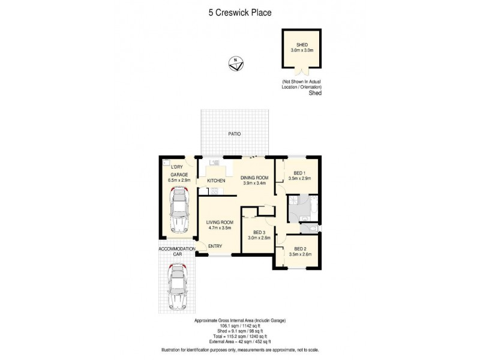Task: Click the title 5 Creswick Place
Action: pos(239,11)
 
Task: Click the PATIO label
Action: pos(234,134)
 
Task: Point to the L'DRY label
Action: pos(176,166)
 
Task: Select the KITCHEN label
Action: pos(216,181)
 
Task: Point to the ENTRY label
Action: pos(215,245)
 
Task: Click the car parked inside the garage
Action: pos(179,210)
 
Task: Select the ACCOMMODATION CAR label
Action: pos(177,251)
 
